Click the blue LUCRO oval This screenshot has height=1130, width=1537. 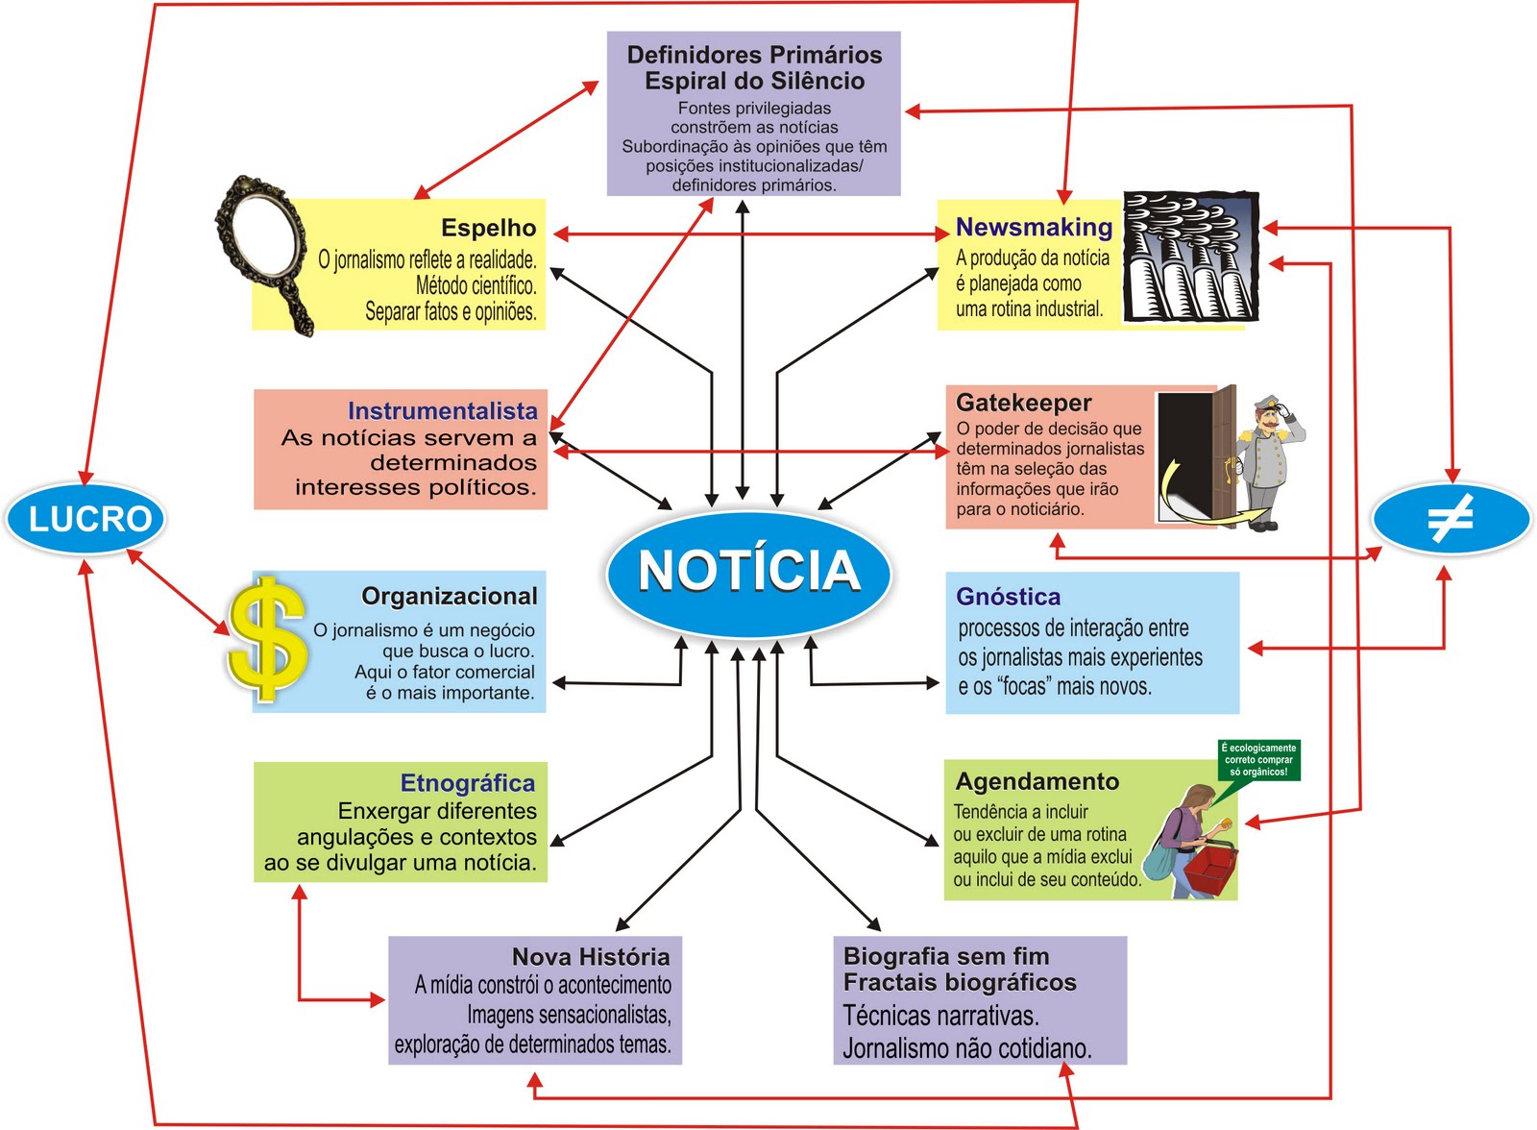(86, 519)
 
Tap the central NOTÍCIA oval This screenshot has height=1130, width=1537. (748, 571)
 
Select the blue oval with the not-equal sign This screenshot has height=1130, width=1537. (1451, 520)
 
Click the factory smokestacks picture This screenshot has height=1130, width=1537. (1190, 257)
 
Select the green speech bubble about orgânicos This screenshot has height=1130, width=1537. (1258, 759)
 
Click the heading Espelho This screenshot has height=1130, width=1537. (488, 228)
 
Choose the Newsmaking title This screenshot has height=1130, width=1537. (1034, 228)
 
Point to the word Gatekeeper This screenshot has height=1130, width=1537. (1023, 403)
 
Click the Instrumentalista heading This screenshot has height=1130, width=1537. (442, 411)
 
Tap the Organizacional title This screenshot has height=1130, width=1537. (449, 597)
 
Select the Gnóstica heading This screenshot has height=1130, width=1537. (1008, 597)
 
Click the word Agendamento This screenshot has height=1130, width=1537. (1037, 781)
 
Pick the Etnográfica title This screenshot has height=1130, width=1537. (467, 783)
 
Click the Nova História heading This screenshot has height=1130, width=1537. (591, 957)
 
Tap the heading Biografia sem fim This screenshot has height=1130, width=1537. (945, 956)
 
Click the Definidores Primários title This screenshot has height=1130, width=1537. (754, 55)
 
